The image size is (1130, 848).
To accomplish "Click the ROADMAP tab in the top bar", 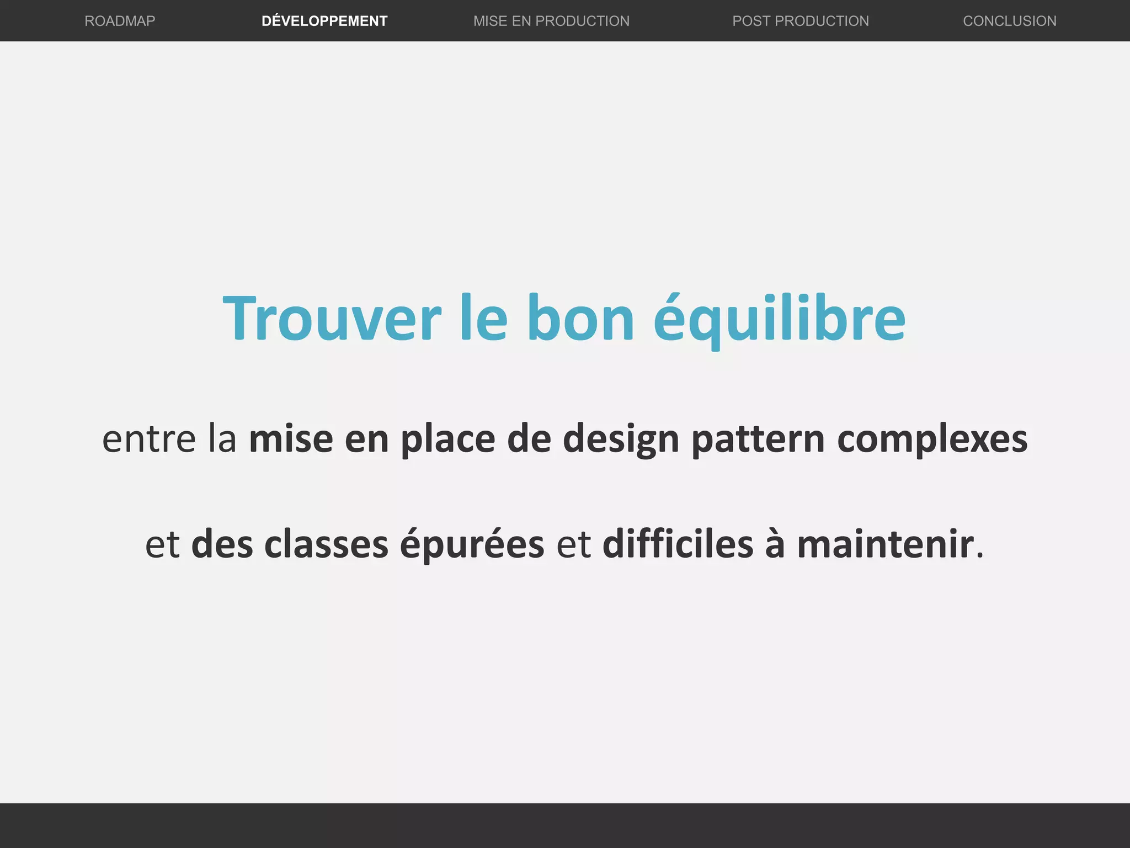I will (x=120, y=21).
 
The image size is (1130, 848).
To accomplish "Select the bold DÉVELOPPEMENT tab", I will (x=324, y=21).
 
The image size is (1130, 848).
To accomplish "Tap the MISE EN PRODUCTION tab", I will (x=551, y=21).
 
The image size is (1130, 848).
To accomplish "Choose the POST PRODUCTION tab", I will (x=800, y=21).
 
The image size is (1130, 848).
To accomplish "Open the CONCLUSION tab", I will (x=1010, y=21).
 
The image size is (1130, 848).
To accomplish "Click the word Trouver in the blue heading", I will (x=332, y=319).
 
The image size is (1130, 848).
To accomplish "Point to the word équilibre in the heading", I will (x=780, y=319).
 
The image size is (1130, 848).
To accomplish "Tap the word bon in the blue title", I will (x=580, y=319).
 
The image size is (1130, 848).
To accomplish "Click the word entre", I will (x=149, y=439).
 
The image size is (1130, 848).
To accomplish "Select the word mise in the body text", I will (x=291, y=439).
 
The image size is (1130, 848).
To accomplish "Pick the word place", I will (x=447, y=439).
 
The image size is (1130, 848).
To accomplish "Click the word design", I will (x=621, y=439).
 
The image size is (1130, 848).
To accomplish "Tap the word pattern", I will (x=758, y=439).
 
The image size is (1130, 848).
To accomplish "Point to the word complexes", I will (x=932, y=439).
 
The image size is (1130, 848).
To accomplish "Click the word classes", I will (x=326, y=544).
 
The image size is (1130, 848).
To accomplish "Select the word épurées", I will (x=472, y=544).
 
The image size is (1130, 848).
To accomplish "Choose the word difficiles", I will (x=678, y=544).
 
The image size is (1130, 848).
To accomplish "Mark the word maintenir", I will (x=885, y=544).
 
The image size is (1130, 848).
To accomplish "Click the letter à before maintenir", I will (x=775, y=544).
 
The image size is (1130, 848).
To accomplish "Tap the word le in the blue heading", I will (x=484, y=319).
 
